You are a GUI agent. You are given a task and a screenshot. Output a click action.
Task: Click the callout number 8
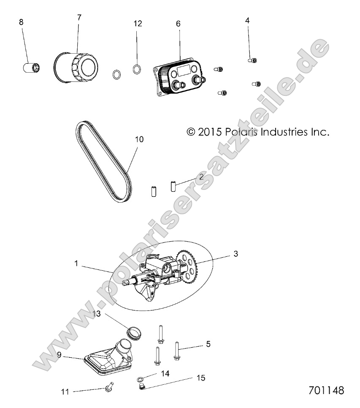tap(21, 22)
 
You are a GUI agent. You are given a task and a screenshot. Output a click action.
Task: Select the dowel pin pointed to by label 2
tap(173, 186)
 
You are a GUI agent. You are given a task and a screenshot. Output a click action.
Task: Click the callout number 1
tap(76, 263)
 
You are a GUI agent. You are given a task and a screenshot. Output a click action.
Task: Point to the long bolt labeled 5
tap(177, 351)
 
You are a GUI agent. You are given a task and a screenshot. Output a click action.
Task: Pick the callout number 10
tap(139, 139)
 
